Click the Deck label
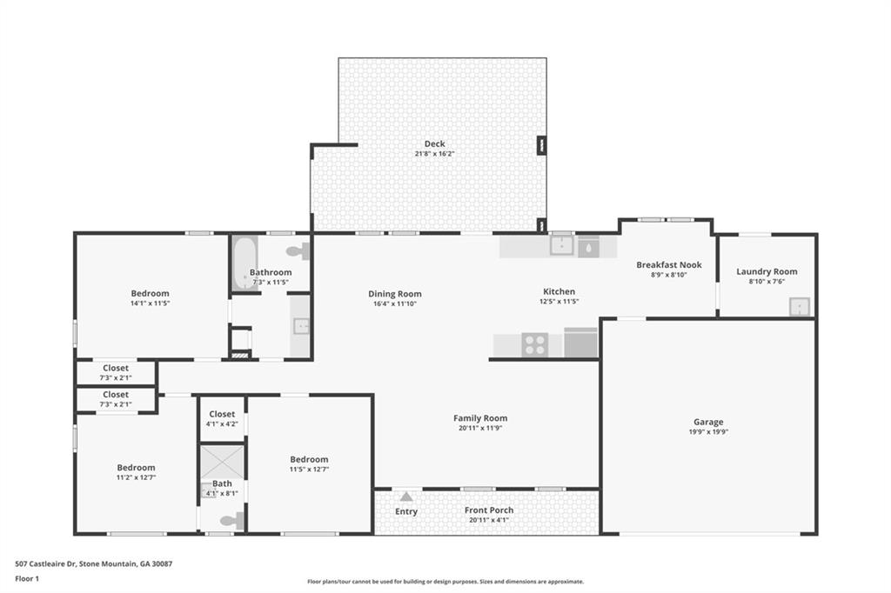434,144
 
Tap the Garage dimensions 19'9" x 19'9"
707,432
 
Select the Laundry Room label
767,271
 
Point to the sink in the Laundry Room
799,306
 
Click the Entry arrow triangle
406,496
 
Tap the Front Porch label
488,510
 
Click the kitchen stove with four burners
534,344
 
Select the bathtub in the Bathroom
244,263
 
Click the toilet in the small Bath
232,521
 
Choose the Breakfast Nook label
668,265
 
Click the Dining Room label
394,294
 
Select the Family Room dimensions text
481,429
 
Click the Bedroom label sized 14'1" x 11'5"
150,294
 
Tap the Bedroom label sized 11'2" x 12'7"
136,468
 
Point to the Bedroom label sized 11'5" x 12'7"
309,459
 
